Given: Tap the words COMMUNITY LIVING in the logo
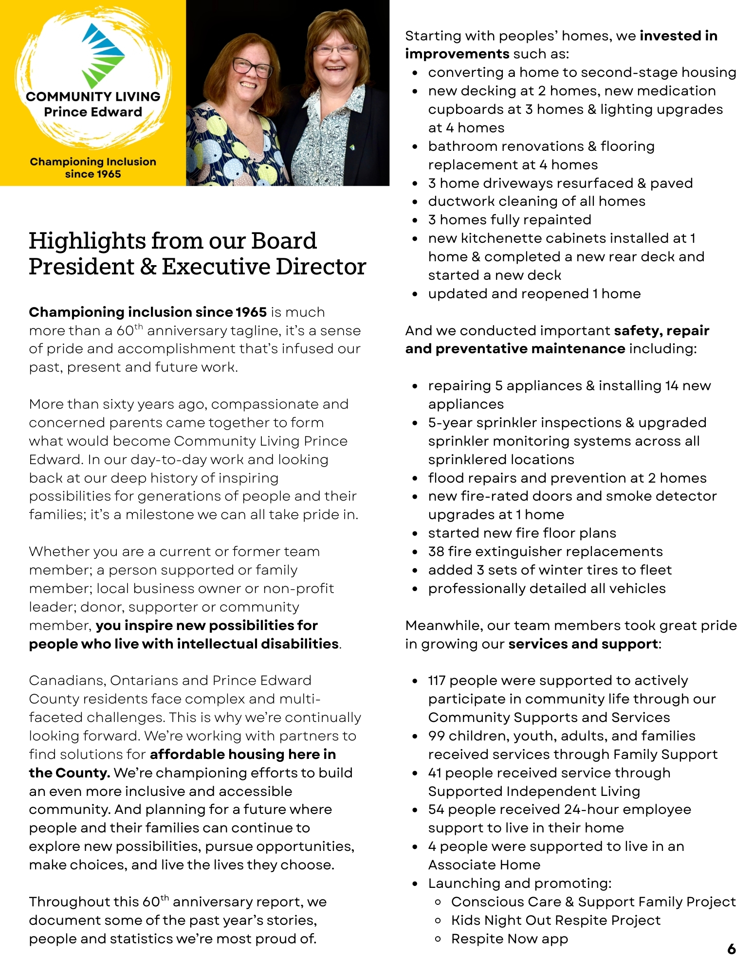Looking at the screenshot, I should coord(93,96).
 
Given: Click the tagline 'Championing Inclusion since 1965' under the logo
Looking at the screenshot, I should coord(93,168).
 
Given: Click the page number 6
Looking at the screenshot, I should coord(731,949).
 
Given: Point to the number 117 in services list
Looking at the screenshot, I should coord(437,681).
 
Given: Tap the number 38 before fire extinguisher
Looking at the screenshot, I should coord(436,552).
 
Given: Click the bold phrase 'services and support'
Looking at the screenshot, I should coord(583,644).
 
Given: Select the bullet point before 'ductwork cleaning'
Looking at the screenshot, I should coord(415,202).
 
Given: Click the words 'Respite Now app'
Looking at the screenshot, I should coord(509,939).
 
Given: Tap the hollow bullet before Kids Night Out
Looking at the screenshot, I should coord(438,920).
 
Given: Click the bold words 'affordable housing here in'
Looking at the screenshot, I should coord(243,755).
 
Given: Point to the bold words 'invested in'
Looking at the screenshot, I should coord(678,36).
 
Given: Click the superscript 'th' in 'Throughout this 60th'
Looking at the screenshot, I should coord(165,898).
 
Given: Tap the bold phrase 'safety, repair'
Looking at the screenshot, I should coord(661,331).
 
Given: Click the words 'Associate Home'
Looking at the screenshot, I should coord(484,865).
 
